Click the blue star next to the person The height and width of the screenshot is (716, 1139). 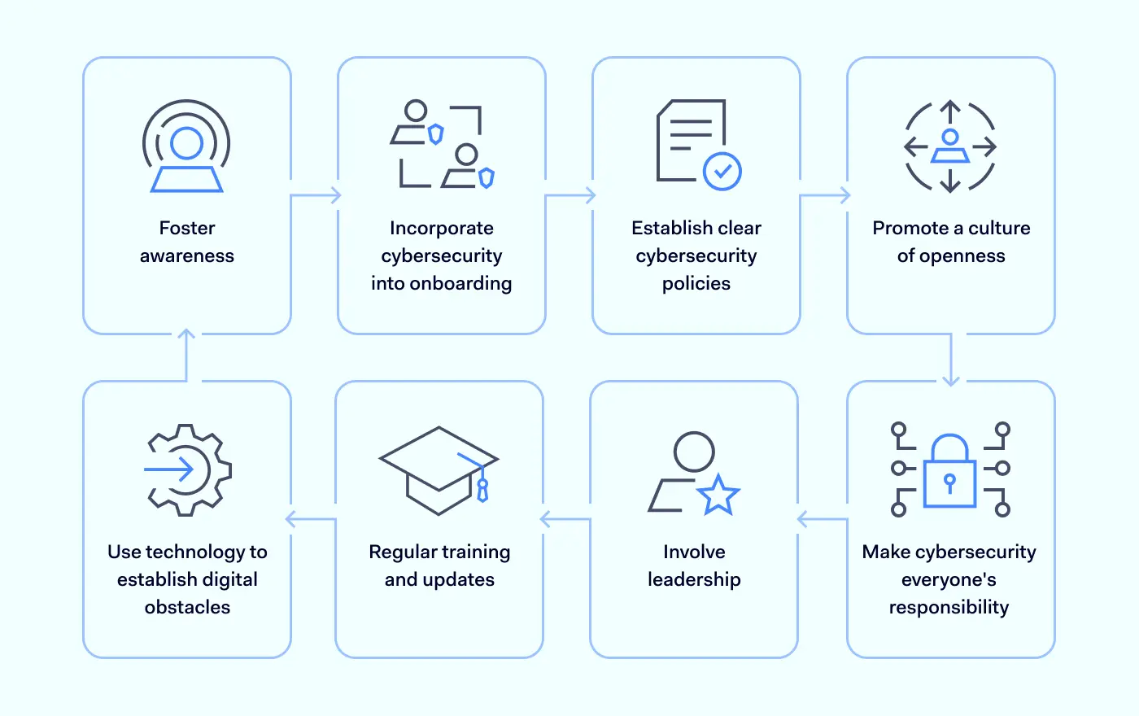(718, 494)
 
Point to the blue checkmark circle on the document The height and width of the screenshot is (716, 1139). (722, 172)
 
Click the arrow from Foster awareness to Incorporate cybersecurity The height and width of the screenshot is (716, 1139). (316, 195)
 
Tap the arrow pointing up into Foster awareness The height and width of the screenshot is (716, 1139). (186, 355)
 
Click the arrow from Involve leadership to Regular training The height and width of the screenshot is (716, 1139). (565, 519)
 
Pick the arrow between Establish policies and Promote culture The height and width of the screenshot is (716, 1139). (825, 195)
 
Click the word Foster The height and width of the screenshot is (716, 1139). (187, 228)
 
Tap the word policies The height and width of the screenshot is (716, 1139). (696, 283)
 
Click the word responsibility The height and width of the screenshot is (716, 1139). (949, 607)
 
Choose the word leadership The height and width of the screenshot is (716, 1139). (694, 579)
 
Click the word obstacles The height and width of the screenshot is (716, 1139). (187, 607)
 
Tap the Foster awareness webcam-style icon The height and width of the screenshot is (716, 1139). (187, 146)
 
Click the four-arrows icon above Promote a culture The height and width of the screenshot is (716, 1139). (950, 147)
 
